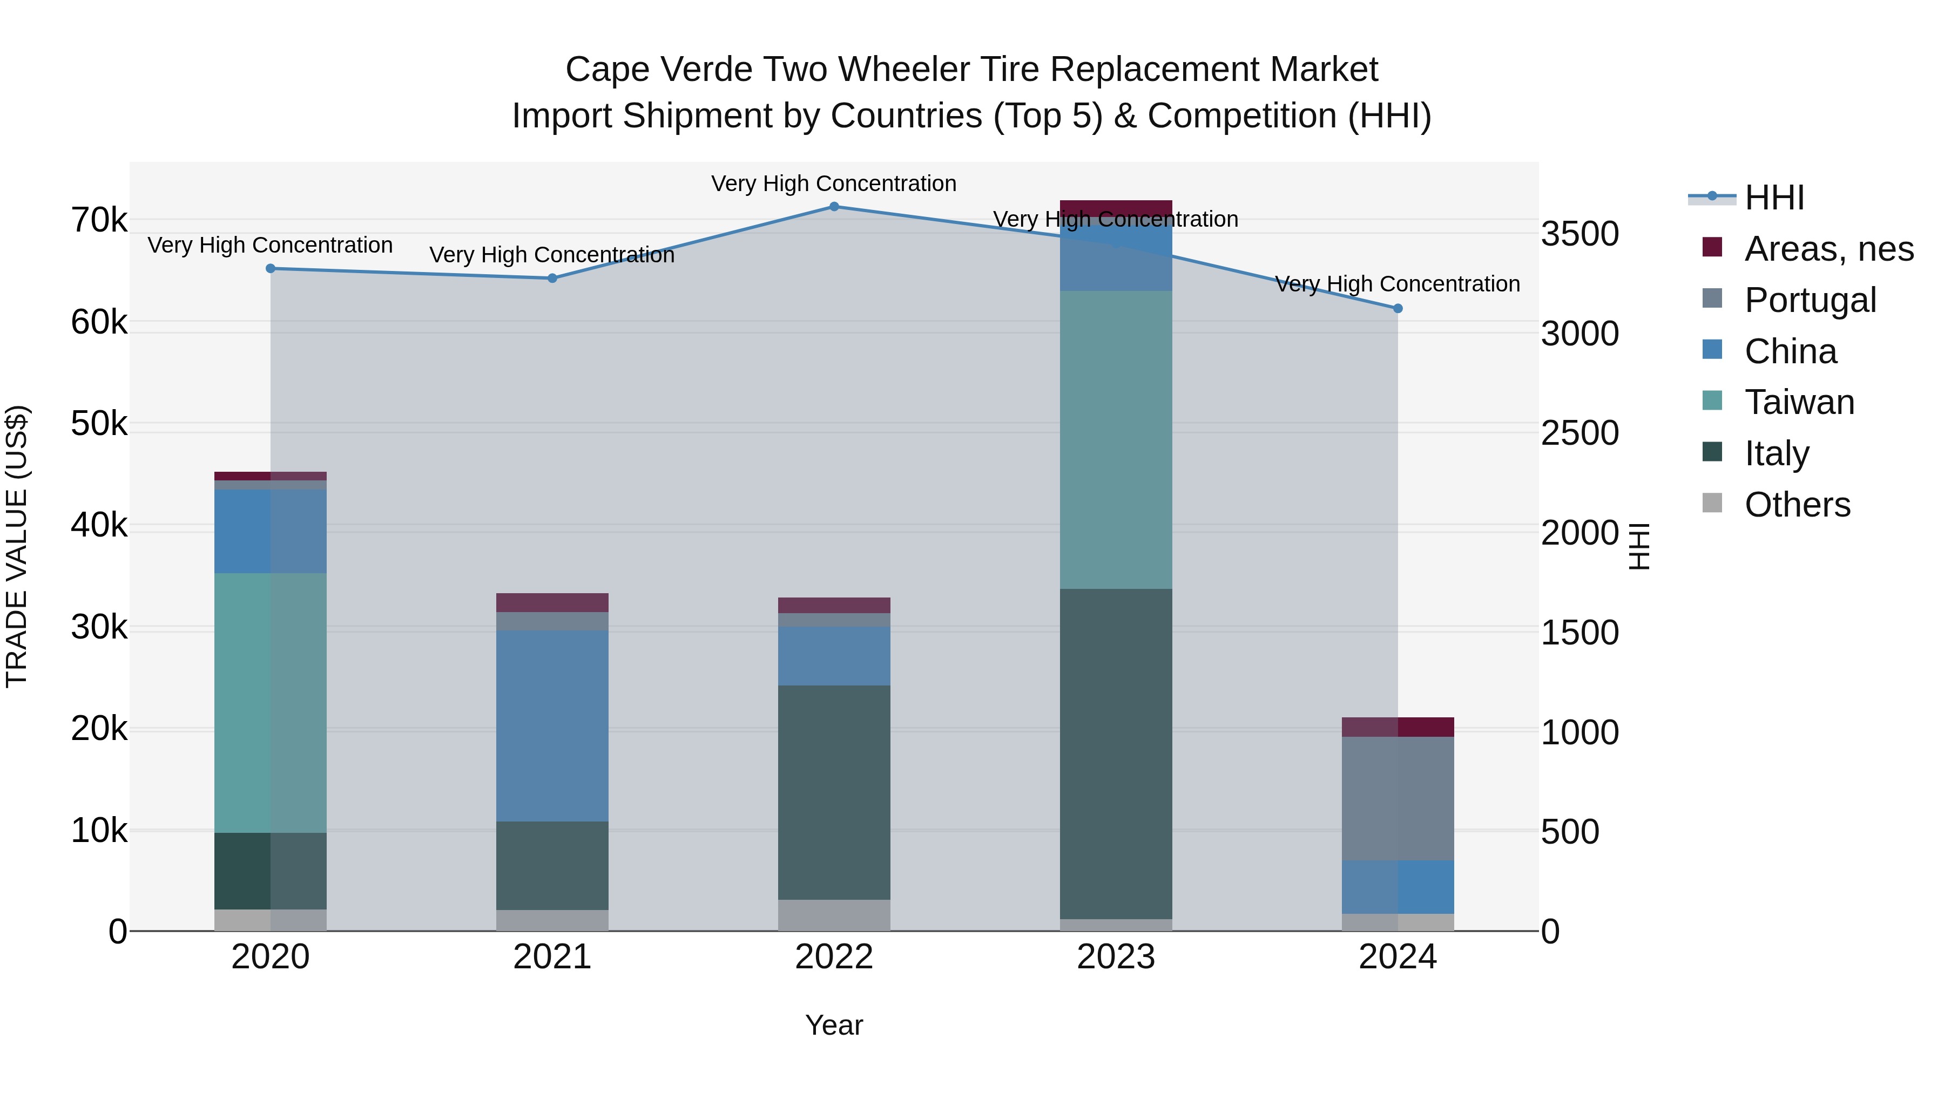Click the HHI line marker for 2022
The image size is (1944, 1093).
(x=834, y=207)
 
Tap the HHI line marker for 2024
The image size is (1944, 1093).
(x=1398, y=309)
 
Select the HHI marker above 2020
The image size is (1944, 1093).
(x=270, y=269)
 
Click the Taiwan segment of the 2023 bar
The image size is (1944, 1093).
(x=1116, y=440)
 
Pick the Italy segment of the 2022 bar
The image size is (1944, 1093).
(x=834, y=792)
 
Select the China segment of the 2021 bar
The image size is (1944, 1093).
(x=552, y=725)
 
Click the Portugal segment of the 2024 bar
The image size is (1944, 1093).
(x=1398, y=798)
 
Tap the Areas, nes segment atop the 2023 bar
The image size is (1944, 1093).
(x=1116, y=208)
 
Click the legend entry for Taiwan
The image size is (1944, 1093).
(x=1799, y=402)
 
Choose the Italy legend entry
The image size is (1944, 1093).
(x=1777, y=453)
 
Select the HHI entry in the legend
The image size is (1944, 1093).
(x=1773, y=198)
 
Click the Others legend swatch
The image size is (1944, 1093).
(x=1712, y=503)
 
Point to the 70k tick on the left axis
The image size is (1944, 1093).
(x=99, y=220)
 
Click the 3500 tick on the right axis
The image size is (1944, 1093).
(x=1579, y=234)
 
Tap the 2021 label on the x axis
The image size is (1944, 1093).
(x=552, y=957)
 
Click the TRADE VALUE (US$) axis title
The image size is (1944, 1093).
(x=17, y=546)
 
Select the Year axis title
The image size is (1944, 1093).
(x=834, y=1025)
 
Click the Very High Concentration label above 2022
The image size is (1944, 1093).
(x=834, y=184)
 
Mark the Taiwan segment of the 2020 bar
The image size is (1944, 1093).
(x=270, y=703)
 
